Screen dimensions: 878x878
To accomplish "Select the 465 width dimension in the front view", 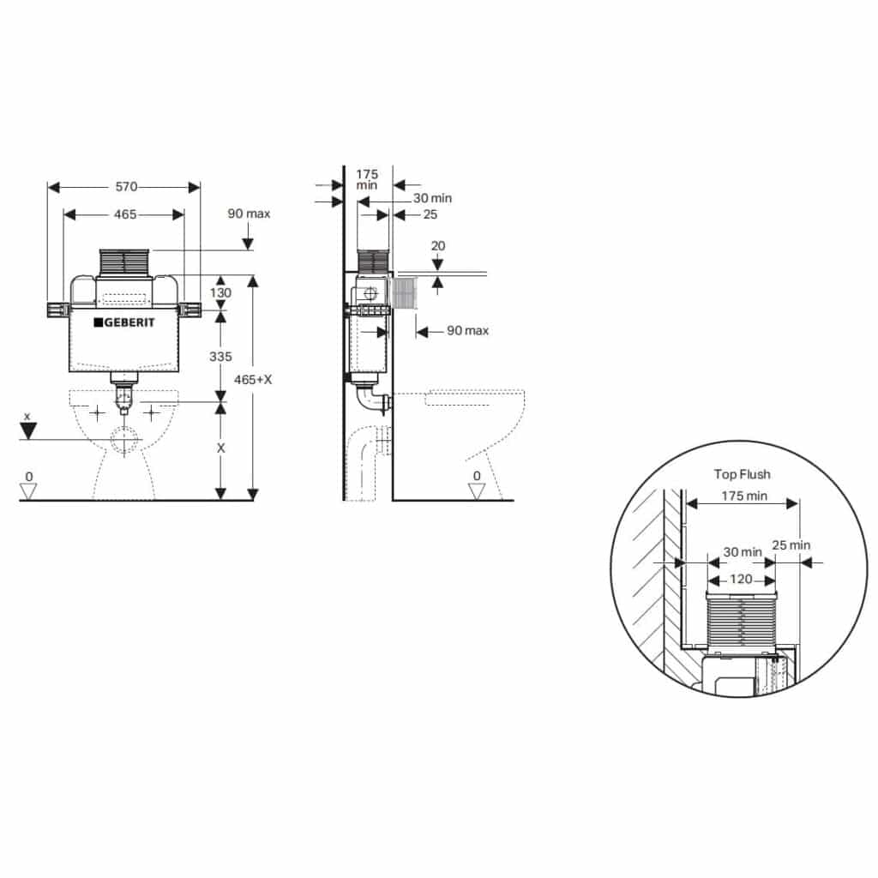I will pos(125,214).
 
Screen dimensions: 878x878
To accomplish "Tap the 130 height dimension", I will pos(221,292).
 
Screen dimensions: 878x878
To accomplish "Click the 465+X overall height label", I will pos(255,379).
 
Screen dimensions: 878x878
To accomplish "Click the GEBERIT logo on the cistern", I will pos(124,322).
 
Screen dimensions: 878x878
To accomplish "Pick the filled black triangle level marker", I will pos(28,430).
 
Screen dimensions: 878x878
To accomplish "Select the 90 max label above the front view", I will pos(249,213).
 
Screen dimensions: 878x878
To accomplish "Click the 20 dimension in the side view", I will pos(438,245).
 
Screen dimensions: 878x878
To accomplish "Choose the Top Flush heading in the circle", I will pos(742,474).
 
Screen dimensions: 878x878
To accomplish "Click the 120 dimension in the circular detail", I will pos(741,580).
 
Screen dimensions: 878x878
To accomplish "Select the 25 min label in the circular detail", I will pos(791,544).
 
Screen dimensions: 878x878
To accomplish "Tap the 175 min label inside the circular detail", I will pos(743,496).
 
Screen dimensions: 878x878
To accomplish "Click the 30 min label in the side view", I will pos(432,198).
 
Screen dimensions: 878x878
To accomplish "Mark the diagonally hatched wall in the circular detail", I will pos(647,583).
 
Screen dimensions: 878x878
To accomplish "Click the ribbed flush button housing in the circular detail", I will pos(741,617).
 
